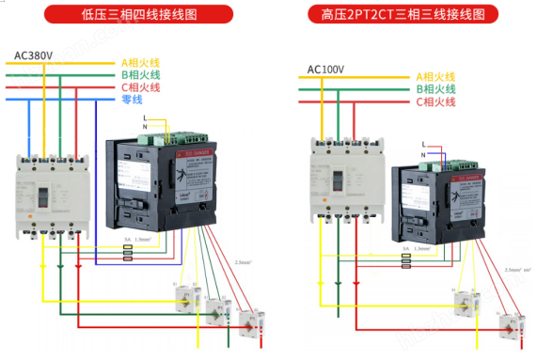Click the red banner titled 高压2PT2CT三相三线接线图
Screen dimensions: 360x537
coord(403,15)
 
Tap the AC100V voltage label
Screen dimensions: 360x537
coord(326,70)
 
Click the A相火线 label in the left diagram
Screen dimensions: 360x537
coord(140,62)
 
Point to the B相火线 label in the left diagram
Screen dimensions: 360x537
coord(140,74)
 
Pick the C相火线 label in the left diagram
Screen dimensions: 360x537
coord(140,86)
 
